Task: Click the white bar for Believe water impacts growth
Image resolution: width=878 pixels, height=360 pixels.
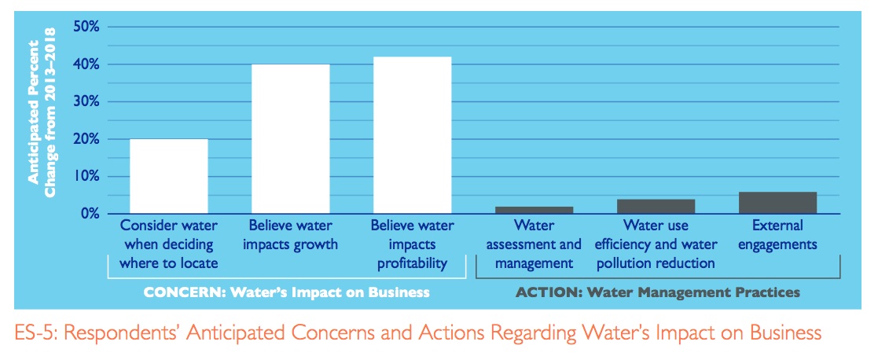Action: coord(290,138)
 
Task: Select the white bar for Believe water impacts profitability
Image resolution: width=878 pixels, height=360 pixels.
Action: coord(412,135)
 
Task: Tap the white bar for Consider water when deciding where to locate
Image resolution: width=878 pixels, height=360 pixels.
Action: coord(168,176)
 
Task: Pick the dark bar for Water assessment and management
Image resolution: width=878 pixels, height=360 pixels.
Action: coord(534,210)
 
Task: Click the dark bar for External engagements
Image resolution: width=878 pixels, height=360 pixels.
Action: coord(777,203)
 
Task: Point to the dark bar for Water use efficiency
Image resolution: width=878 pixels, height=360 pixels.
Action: coord(656,206)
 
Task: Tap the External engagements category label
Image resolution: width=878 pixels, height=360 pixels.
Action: coord(777,234)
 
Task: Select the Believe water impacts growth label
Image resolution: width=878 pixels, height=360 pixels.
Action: coord(290,234)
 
